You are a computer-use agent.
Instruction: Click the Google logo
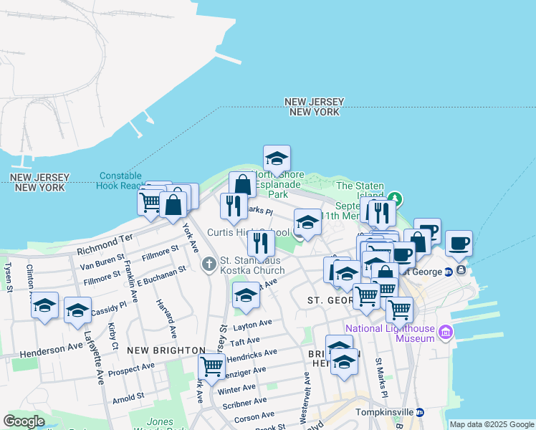click(x=25, y=421)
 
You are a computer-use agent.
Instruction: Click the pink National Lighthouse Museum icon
click(x=446, y=332)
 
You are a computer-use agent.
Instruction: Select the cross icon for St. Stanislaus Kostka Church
click(x=209, y=264)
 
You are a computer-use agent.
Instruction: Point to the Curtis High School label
click(x=248, y=232)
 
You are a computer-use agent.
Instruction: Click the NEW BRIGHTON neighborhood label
click(x=166, y=350)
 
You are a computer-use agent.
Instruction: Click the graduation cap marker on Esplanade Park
click(x=276, y=157)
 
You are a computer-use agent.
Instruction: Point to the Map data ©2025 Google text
click(x=492, y=424)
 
